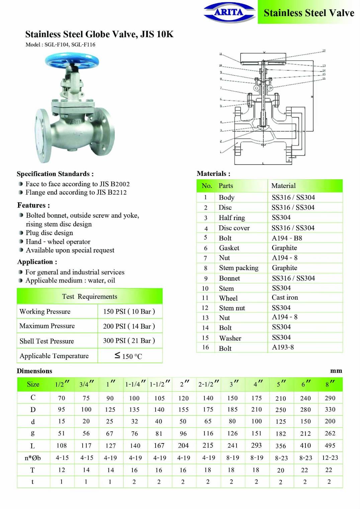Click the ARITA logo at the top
pos(229,13)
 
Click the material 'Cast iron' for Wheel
pos(285,298)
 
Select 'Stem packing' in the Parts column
pos(239,268)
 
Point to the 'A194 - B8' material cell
pos(287,238)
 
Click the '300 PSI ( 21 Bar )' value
pos(129,341)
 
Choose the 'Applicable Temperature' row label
pos(54,356)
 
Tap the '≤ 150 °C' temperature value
pos(128,356)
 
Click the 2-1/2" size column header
pos(208,384)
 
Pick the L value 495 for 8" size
pos(330,445)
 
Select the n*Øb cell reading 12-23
pos(330,458)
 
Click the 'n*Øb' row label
pos(33,458)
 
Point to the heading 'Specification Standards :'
pos(55,174)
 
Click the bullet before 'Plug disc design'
pos(21,233)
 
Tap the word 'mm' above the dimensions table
pos(336,371)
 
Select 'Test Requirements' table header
pos(90,297)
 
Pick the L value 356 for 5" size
pos(281,446)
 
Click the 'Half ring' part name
pos(232,218)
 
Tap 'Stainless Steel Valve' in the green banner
pos(308,13)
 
